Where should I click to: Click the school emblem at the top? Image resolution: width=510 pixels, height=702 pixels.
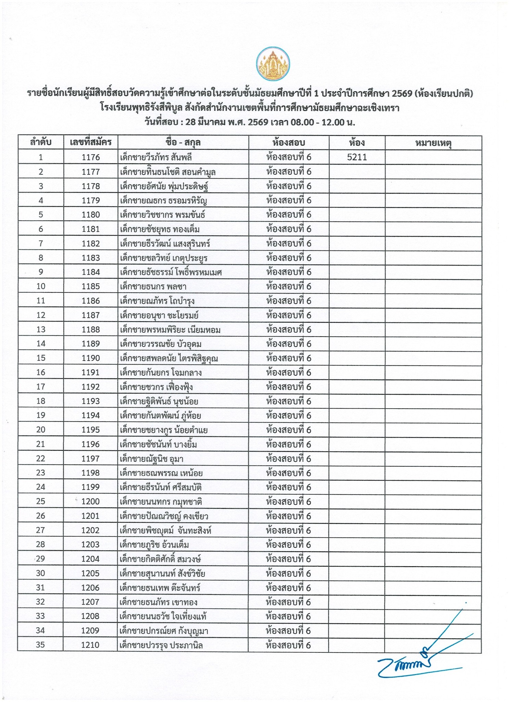click(273, 64)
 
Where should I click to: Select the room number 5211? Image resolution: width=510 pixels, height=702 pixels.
click(357, 157)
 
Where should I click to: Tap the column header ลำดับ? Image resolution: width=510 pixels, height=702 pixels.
click(41, 143)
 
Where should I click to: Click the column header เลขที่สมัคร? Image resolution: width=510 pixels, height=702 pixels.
click(91, 143)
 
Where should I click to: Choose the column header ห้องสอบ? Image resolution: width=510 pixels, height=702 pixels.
click(289, 143)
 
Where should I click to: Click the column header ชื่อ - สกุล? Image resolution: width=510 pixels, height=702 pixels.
click(183, 143)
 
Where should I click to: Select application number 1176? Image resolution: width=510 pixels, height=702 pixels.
click(91, 157)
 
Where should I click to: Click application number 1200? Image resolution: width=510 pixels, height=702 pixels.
click(90, 501)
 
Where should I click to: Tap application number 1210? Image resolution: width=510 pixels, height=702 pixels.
click(90, 645)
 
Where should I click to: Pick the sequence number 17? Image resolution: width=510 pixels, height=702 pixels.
click(41, 387)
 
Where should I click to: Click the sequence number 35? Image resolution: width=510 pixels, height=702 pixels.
click(40, 645)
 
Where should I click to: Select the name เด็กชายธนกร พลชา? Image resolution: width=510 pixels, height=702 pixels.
click(153, 287)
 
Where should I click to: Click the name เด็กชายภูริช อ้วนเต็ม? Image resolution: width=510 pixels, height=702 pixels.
click(155, 545)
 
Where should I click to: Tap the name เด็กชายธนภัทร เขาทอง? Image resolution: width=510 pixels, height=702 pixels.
click(159, 602)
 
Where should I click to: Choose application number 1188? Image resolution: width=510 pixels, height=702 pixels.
click(91, 329)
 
